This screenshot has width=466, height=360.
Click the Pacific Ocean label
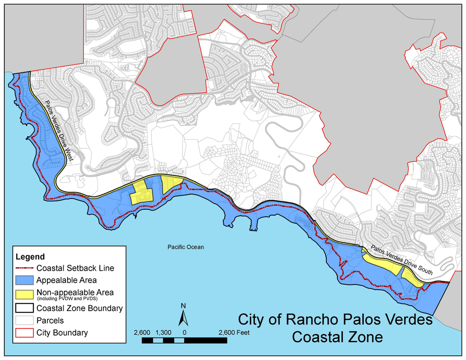click(x=185, y=247)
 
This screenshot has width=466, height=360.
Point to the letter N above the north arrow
click(x=183, y=306)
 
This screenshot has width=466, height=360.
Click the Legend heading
click(x=30, y=257)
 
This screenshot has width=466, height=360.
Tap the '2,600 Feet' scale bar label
click(x=234, y=332)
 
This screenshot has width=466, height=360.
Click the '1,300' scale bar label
click(x=163, y=332)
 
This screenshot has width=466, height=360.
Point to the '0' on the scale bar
click(x=184, y=332)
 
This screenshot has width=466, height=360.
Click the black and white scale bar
click(x=184, y=341)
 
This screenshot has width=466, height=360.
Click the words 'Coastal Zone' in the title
click(x=337, y=337)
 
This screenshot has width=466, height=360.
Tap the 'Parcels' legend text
click(x=50, y=320)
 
